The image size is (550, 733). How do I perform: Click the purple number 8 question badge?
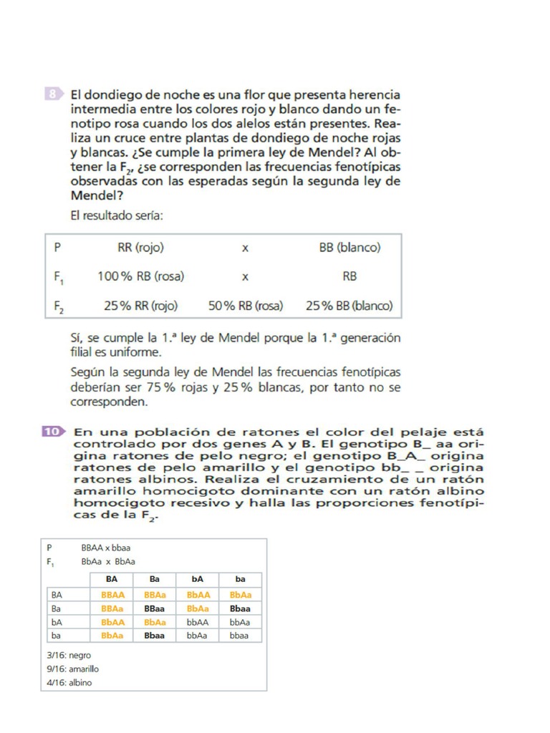click(53, 94)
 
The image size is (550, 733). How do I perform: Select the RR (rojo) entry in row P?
click(140, 248)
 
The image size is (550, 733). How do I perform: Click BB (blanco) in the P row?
click(349, 248)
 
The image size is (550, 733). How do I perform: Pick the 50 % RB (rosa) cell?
click(246, 306)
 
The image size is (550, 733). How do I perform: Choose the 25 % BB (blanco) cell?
click(349, 306)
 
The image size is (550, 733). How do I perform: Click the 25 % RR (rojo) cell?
click(140, 306)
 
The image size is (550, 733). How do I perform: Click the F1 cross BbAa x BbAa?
click(108, 562)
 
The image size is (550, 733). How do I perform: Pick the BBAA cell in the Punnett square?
click(112, 595)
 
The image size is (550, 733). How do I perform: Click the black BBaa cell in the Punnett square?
click(155, 608)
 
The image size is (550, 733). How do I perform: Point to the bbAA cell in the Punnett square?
click(198, 622)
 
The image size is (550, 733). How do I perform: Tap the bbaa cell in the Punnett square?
click(240, 636)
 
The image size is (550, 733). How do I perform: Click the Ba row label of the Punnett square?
click(57, 608)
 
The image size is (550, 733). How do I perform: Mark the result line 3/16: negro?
click(69, 655)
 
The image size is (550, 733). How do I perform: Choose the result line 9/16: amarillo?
click(72, 669)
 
